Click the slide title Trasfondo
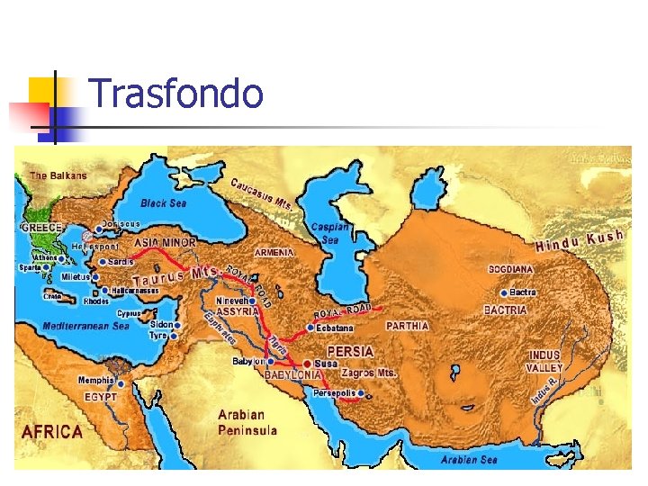[x=176, y=94]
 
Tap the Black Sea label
[x=163, y=203]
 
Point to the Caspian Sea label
[x=325, y=234]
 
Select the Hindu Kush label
[x=580, y=240]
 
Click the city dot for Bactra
[x=502, y=292]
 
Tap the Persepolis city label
[x=336, y=393]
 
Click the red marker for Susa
[x=307, y=363]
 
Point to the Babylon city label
[x=248, y=361]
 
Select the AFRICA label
[x=52, y=432]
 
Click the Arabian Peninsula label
[x=247, y=422]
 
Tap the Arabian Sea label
[x=469, y=460]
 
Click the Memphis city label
[x=95, y=380]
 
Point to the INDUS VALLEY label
[x=544, y=361]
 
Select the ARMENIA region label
[x=274, y=253]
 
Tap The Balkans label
[x=58, y=175]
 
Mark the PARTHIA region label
[x=407, y=325]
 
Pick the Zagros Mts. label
[x=369, y=371]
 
